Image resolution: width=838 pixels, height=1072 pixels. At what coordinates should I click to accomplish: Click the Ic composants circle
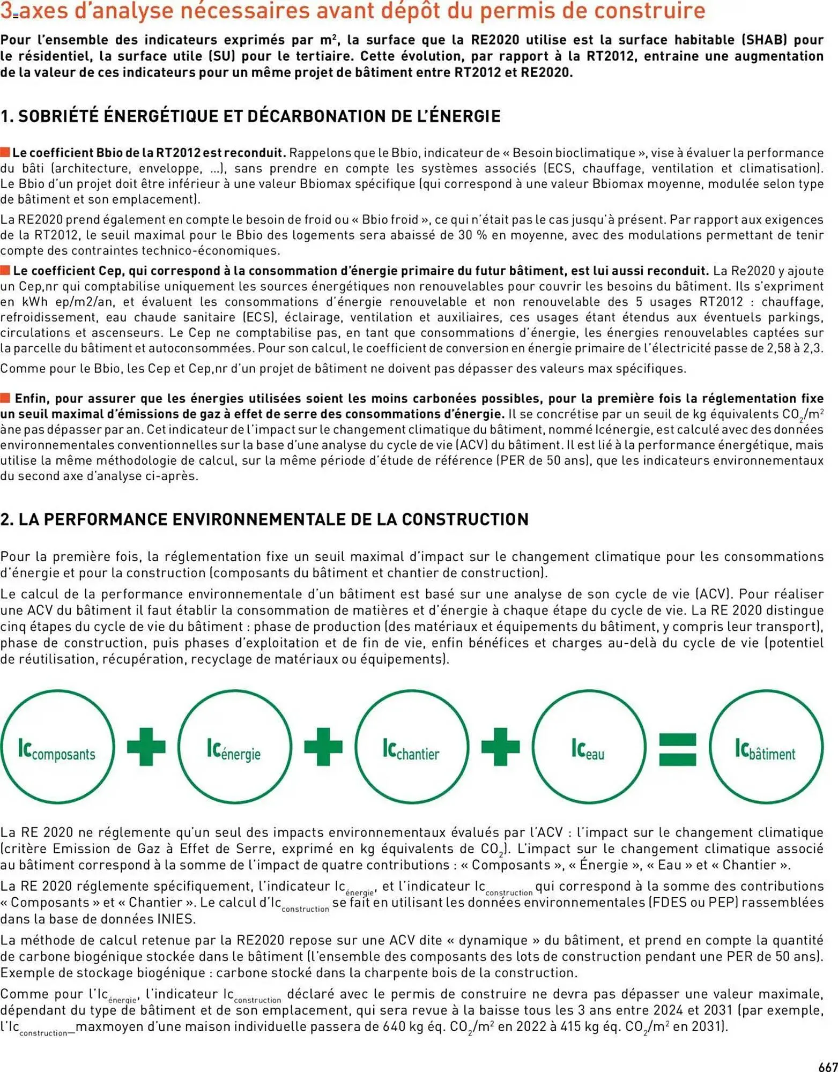click(x=57, y=747)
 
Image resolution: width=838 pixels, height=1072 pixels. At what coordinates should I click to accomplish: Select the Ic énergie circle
click(x=234, y=747)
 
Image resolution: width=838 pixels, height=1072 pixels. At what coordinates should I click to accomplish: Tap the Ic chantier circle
click(x=411, y=747)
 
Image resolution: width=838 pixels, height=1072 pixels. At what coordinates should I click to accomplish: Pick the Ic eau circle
click(x=589, y=747)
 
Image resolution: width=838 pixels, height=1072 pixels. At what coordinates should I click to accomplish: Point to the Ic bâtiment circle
click(x=766, y=747)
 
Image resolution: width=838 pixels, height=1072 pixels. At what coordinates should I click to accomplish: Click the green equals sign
click(x=677, y=749)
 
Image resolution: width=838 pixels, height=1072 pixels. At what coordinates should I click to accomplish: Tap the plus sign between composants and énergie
click(x=146, y=747)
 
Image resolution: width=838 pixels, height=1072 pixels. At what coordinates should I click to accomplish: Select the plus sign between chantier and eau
click(x=500, y=747)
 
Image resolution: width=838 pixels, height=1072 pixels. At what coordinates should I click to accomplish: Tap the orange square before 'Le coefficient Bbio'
click(x=5, y=152)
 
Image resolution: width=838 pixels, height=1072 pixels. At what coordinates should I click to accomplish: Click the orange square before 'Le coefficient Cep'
click(x=5, y=270)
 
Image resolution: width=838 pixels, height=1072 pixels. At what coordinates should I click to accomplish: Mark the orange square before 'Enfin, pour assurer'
click(x=5, y=398)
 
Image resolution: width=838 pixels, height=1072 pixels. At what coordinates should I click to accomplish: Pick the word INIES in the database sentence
click(x=176, y=919)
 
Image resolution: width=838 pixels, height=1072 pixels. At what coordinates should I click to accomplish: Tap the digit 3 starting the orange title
click(x=6, y=11)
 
